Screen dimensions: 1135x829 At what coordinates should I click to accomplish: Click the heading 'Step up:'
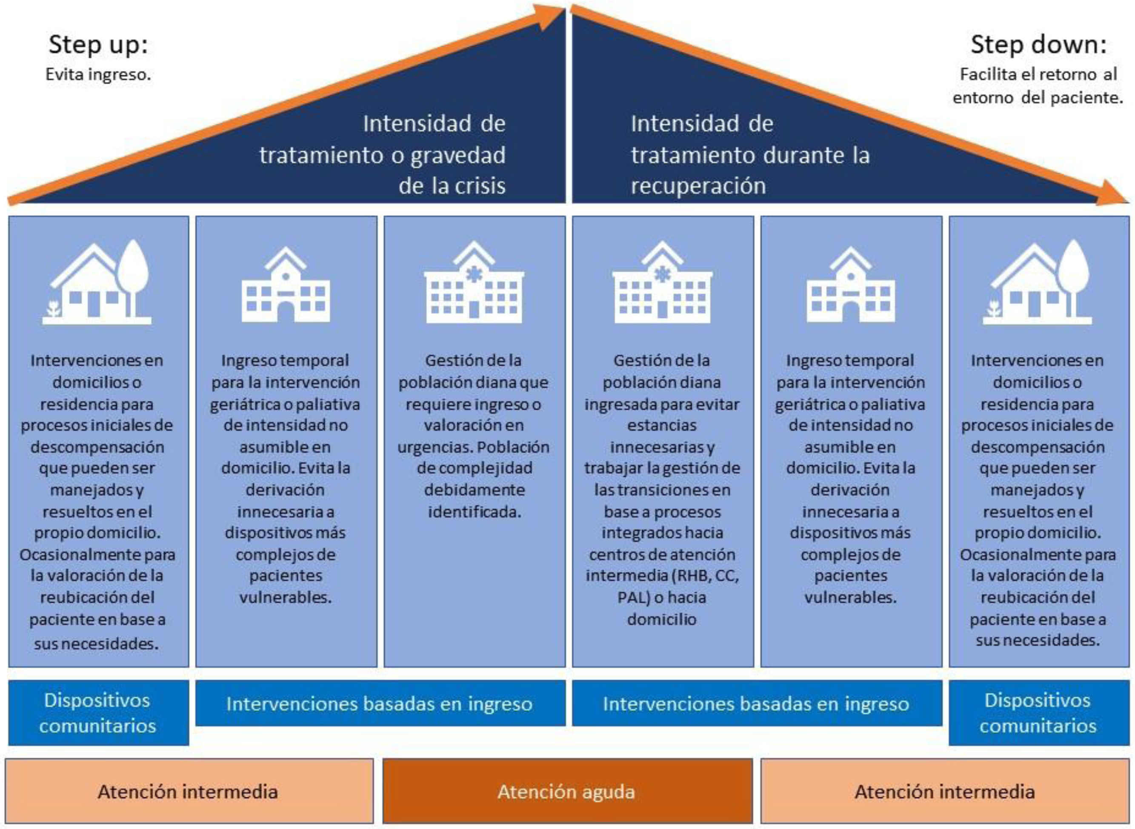click(98, 45)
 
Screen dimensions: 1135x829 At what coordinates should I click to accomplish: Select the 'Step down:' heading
click(1038, 45)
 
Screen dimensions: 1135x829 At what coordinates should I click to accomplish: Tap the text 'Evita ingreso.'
click(98, 75)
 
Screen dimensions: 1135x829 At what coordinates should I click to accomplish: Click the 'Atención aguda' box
click(567, 792)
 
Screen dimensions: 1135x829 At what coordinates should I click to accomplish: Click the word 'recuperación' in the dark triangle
click(698, 186)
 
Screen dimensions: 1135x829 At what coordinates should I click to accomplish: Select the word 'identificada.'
click(475, 512)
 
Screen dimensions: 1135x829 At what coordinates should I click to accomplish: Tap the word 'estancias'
click(662, 425)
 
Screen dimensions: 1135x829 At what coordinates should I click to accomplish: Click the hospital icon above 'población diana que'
click(474, 284)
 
